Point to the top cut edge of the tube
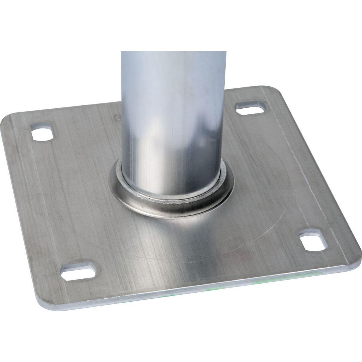173,52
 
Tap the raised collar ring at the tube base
172,205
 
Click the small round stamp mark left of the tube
118,116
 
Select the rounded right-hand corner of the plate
356,256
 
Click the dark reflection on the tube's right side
216,133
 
